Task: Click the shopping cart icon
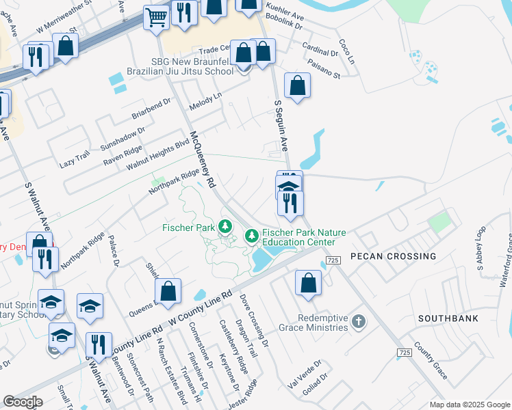[x=157, y=16]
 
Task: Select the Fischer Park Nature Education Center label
[x=298, y=237]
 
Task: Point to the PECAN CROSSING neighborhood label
[x=394, y=256]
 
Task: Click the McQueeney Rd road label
[x=203, y=160]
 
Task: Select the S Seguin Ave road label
[x=281, y=127]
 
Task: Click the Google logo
[x=23, y=402]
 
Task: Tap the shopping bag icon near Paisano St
[x=297, y=86]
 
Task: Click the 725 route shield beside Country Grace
[x=405, y=352]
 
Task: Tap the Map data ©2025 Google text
[x=469, y=405]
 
